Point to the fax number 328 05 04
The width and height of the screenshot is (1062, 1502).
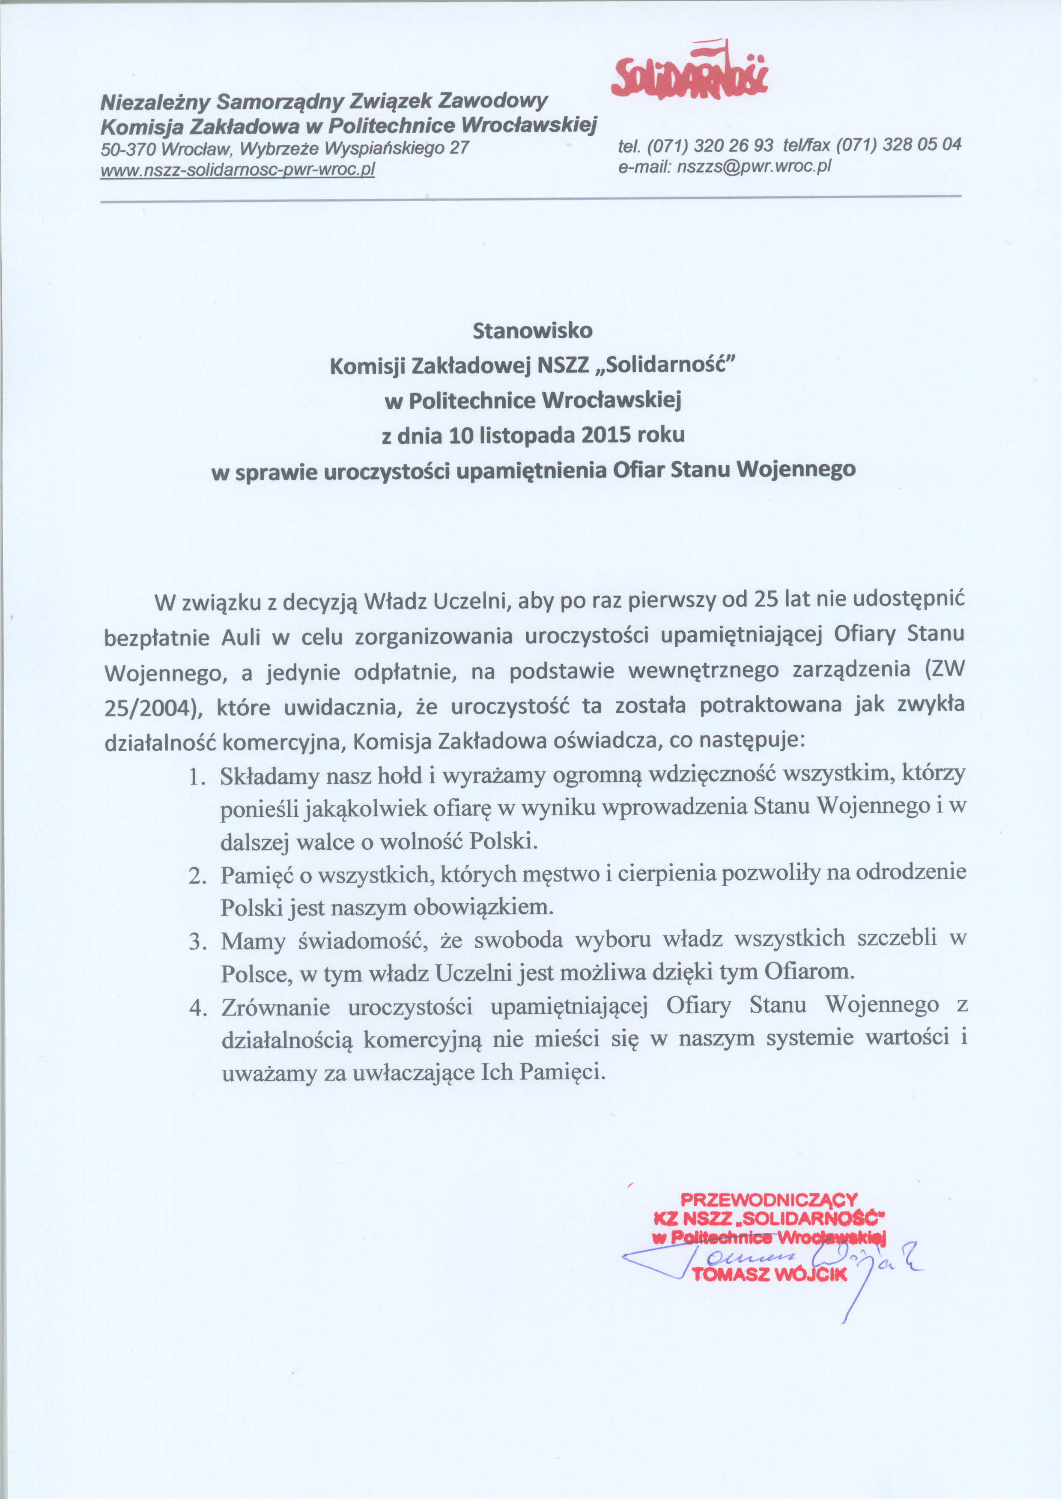click(922, 144)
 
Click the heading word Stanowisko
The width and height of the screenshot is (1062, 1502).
click(532, 330)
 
